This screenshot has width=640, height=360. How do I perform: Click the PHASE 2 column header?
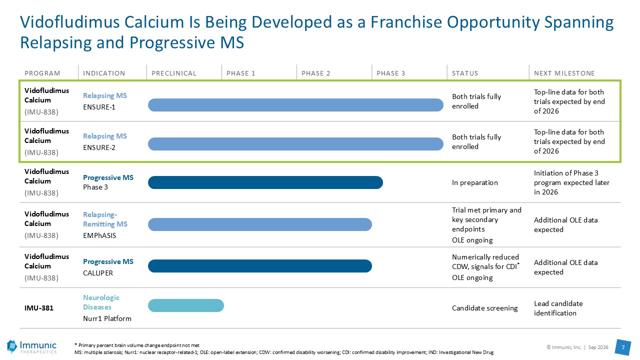(x=315, y=73)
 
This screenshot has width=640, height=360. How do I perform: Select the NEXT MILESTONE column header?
(x=564, y=73)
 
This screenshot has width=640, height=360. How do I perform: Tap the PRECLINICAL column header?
(x=173, y=73)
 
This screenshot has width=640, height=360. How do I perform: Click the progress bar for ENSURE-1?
(x=295, y=105)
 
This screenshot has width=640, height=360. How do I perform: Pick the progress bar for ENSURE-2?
(x=295, y=144)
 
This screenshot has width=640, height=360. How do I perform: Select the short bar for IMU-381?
(x=186, y=305)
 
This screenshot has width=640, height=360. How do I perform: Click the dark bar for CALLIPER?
(x=260, y=266)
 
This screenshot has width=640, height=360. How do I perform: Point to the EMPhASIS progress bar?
(x=260, y=224)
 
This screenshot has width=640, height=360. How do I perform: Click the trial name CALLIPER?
(x=98, y=273)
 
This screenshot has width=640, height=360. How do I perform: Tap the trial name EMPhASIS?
(x=99, y=235)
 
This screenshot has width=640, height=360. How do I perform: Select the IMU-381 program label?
(x=39, y=308)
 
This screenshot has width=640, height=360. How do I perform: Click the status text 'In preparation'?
(x=475, y=183)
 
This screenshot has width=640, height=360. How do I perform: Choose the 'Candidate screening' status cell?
(x=485, y=308)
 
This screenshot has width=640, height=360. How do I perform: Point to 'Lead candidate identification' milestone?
(x=558, y=308)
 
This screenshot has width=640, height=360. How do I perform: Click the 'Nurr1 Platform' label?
(x=107, y=318)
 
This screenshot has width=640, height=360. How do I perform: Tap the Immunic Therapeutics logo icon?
(x=12, y=347)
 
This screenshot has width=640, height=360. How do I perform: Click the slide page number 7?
(x=623, y=347)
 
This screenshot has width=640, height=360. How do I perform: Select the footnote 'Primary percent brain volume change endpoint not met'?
(x=139, y=345)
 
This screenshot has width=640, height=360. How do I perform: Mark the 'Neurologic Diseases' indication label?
(x=101, y=302)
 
